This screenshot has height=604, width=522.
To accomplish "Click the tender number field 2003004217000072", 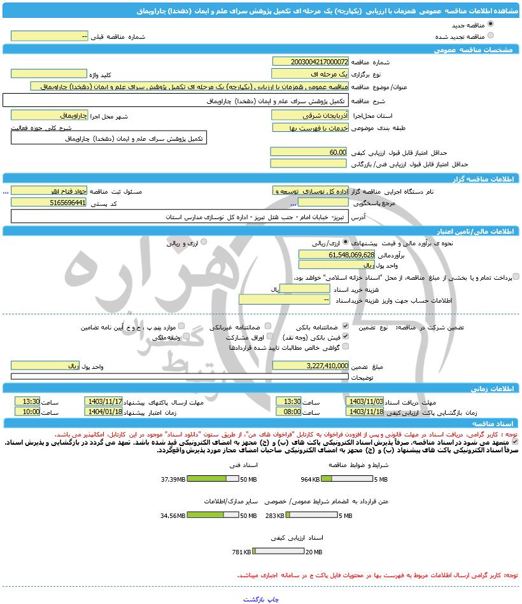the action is (310, 62).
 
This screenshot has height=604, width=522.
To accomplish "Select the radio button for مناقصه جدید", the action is (490, 24).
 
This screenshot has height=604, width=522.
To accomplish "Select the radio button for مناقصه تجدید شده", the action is (490, 36).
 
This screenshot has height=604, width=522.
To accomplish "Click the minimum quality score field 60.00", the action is (309, 152).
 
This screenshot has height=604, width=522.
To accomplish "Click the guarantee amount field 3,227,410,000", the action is (310, 366).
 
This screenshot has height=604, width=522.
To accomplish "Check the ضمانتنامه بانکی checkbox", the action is (346, 326).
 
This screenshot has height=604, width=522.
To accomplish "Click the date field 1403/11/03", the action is (363, 402).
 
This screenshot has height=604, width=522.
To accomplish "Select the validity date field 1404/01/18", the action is (103, 412).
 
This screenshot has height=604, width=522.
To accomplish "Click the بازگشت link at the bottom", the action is (256, 600).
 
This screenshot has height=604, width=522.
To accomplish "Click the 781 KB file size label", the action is (241, 552).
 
